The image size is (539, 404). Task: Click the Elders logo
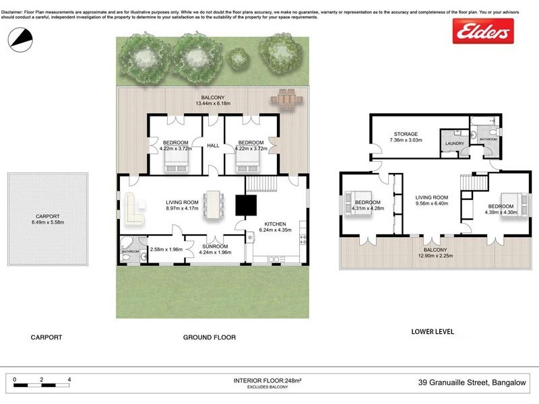[482, 31]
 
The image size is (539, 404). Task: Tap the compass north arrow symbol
[20, 39]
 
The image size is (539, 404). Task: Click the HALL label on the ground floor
[213, 145]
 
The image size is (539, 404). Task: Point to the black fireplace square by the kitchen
[245, 205]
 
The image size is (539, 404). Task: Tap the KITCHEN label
[275, 224]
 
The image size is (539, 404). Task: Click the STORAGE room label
[406, 134]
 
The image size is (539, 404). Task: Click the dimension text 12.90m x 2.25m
[435, 256]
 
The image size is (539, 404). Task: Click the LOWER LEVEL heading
[433, 332]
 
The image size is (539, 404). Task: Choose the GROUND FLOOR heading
[210, 337]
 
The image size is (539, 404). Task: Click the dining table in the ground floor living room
[214, 205]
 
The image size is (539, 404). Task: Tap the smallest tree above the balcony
[236, 59]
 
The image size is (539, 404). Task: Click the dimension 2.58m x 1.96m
[166, 250]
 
